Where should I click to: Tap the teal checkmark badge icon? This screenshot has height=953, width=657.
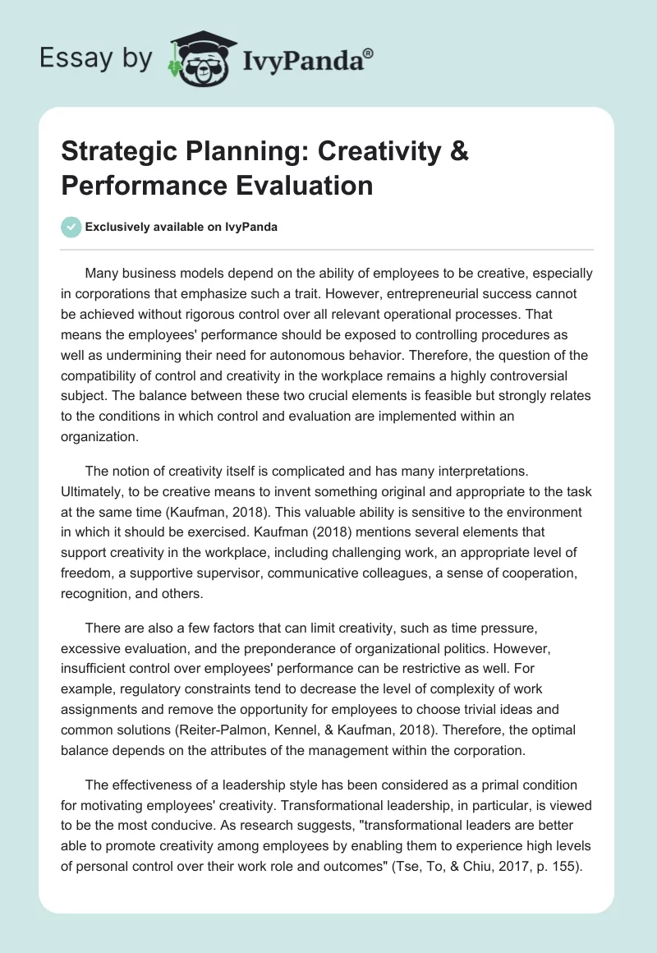(71, 227)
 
